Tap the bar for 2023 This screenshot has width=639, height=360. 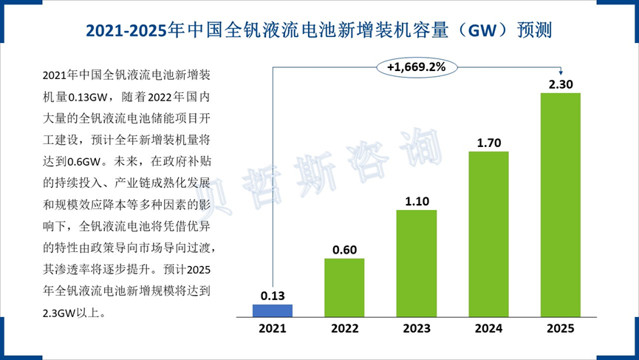point(417,262)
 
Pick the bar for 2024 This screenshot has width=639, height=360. point(489,233)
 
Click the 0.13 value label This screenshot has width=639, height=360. point(273,296)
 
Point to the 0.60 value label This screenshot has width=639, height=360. point(344,250)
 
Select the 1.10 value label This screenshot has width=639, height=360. point(417,201)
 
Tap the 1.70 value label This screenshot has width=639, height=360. point(489,143)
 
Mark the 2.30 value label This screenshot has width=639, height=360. point(561,84)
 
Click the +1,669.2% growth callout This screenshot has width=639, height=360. point(417,67)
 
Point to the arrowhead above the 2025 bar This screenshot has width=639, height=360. point(561,72)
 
